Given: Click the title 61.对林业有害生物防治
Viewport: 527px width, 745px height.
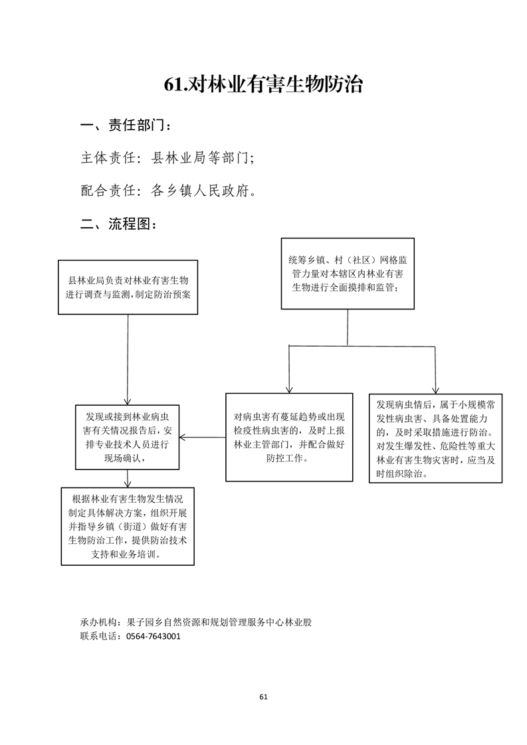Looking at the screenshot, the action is (x=263, y=84).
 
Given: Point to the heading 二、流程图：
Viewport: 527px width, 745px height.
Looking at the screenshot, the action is (x=119, y=223).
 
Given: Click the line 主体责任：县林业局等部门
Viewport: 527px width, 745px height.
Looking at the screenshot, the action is (x=167, y=158).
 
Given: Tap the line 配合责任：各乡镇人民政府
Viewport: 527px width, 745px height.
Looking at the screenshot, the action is (x=168, y=191).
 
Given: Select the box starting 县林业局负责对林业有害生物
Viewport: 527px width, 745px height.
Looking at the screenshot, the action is (x=128, y=287).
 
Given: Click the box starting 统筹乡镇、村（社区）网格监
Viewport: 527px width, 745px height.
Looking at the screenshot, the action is (x=348, y=274).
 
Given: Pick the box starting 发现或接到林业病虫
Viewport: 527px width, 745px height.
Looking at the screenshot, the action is (x=128, y=437).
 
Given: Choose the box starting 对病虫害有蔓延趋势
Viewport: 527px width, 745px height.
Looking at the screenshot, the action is (x=289, y=437).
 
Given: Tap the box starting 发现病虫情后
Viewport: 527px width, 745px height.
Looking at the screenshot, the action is (x=436, y=438).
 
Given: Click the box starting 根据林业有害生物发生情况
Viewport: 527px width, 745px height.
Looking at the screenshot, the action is (x=128, y=526).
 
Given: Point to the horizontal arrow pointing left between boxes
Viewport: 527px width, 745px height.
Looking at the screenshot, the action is (x=203, y=437).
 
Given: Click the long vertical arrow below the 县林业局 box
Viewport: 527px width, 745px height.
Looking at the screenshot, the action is (x=128, y=360).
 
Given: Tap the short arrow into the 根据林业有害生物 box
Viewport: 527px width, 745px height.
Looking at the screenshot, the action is (x=128, y=479).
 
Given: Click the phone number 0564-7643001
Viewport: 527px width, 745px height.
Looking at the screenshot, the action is (x=154, y=636).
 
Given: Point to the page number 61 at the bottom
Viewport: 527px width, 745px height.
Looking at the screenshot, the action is (x=263, y=697).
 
